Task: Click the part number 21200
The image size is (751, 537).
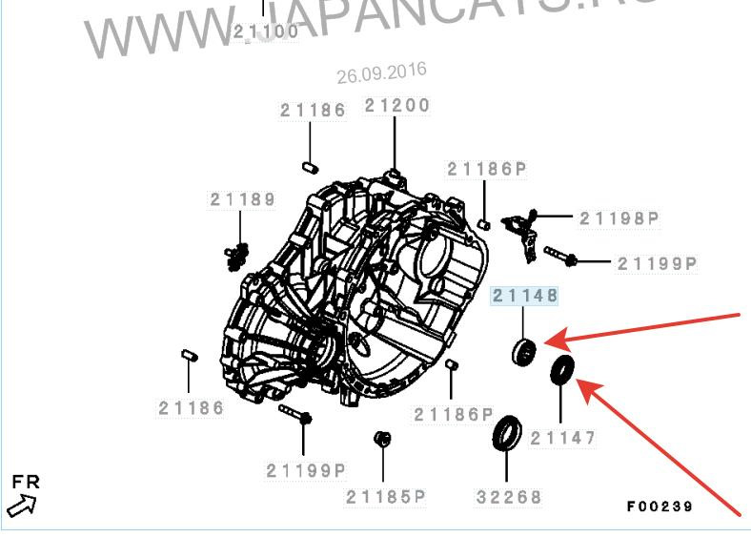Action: pyautogui.click(x=396, y=106)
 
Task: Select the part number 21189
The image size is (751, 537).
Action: pyautogui.click(x=243, y=199)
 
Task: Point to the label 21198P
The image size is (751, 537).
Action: pyautogui.click(x=620, y=218)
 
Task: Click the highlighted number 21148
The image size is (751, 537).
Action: pyautogui.click(x=524, y=297)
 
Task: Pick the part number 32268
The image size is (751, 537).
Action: pyautogui.click(x=508, y=497)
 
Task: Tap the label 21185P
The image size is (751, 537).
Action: pyautogui.click(x=385, y=497)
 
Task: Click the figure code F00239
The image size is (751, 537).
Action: pyautogui.click(x=660, y=506)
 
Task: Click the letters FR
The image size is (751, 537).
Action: pyautogui.click(x=26, y=482)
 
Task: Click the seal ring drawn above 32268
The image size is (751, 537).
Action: pyautogui.click(x=507, y=433)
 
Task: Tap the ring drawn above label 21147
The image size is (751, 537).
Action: pyautogui.click(x=562, y=368)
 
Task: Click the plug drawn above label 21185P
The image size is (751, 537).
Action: pyautogui.click(x=383, y=438)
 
